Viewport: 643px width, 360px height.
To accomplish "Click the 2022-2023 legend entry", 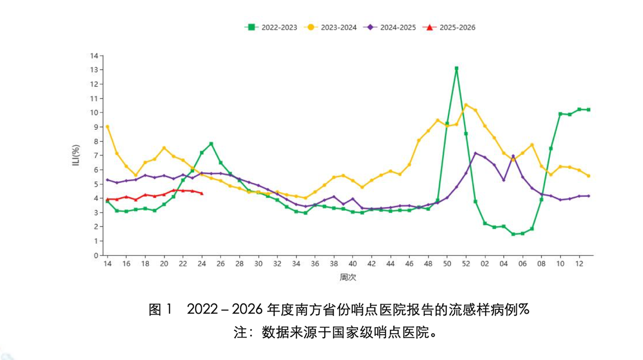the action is coord(271,27).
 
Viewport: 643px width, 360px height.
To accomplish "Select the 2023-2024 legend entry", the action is coord(331,27).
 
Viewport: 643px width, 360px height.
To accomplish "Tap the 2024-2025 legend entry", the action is coord(390,27).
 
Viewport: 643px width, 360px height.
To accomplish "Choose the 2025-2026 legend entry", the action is coord(449,27).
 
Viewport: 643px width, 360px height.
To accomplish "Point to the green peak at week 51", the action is coord(456,68).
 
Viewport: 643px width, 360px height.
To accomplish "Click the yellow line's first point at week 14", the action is coord(108,127).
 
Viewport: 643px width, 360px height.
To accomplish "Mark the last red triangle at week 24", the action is coord(202,193).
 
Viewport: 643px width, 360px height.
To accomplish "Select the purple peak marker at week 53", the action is coord(475,153).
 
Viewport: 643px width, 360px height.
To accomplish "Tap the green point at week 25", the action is coord(211,143).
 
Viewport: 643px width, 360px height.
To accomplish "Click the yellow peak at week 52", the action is coord(466,105).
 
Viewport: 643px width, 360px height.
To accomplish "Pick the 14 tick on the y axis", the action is coord(94,56).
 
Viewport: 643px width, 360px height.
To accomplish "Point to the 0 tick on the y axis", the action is coord(96,255).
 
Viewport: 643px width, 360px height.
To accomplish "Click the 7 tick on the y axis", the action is coord(96,156).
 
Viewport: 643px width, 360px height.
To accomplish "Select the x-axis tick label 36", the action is coord(315,264).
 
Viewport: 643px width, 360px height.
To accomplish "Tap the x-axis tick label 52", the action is coord(466,264).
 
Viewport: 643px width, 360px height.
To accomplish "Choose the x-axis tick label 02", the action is coord(485,264).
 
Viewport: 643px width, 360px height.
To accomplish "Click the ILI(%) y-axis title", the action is coord(76,156).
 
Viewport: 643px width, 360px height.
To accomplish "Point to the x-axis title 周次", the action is coord(348,277).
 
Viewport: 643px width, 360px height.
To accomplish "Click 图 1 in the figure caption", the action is coord(160,310).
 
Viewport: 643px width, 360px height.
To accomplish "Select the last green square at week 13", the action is coord(588,110).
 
